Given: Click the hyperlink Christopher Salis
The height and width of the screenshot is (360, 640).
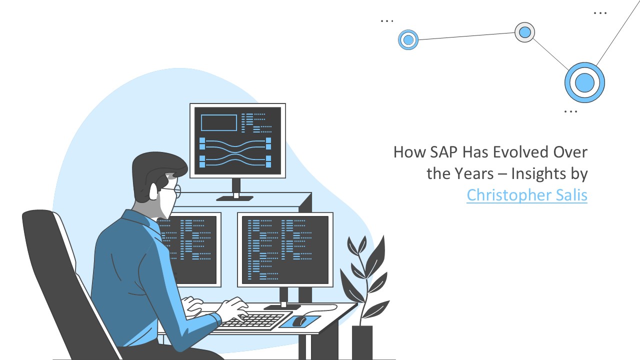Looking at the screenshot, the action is tap(527, 195).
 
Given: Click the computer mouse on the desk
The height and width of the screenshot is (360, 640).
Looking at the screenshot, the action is tap(299, 321).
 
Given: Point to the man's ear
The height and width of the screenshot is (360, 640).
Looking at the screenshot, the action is tap(153, 191).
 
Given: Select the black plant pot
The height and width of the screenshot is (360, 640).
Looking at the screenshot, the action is tap(362, 342).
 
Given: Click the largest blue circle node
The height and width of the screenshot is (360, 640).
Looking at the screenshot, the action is tap(584, 82).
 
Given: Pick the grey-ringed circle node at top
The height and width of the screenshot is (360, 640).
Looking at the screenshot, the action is tap(524, 32).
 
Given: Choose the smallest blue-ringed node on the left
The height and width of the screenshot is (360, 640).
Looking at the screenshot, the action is tap(408, 39).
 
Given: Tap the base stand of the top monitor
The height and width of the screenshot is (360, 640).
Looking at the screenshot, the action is tap(235, 198).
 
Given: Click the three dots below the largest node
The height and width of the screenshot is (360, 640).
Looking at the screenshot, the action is tap(570, 111).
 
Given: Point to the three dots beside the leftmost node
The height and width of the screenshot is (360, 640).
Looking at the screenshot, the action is tap(387, 21).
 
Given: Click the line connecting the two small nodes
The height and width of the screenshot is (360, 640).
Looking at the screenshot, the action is tap(466, 36).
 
